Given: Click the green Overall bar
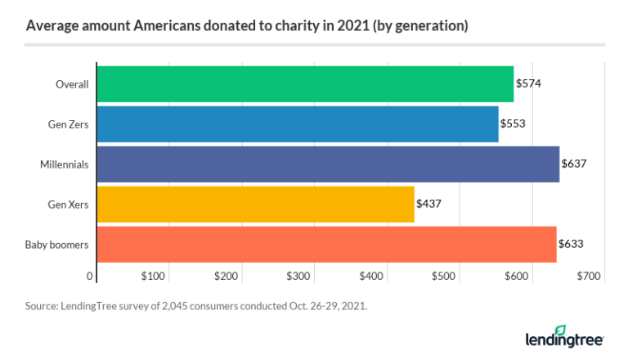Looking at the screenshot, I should [x=305, y=83].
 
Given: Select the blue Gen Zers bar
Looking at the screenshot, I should [x=298, y=124].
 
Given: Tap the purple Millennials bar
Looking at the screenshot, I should [x=328, y=164].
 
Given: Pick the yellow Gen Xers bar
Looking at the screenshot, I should [x=256, y=204].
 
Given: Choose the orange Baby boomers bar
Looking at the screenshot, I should [x=326, y=244].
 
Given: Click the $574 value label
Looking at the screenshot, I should [x=529, y=83].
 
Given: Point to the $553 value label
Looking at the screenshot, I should [x=514, y=124].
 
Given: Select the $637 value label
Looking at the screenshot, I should [x=574, y=164].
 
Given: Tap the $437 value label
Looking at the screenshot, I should [x=429, y=204].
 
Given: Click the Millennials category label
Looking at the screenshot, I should [x=65, y=164].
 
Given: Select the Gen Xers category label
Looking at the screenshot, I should [x=68, y=204].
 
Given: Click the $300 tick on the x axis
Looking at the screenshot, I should [x=299, y=277].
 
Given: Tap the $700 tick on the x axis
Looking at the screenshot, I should [x=589, y=277].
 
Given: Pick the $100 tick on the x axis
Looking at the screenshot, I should [x=154, y=277].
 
